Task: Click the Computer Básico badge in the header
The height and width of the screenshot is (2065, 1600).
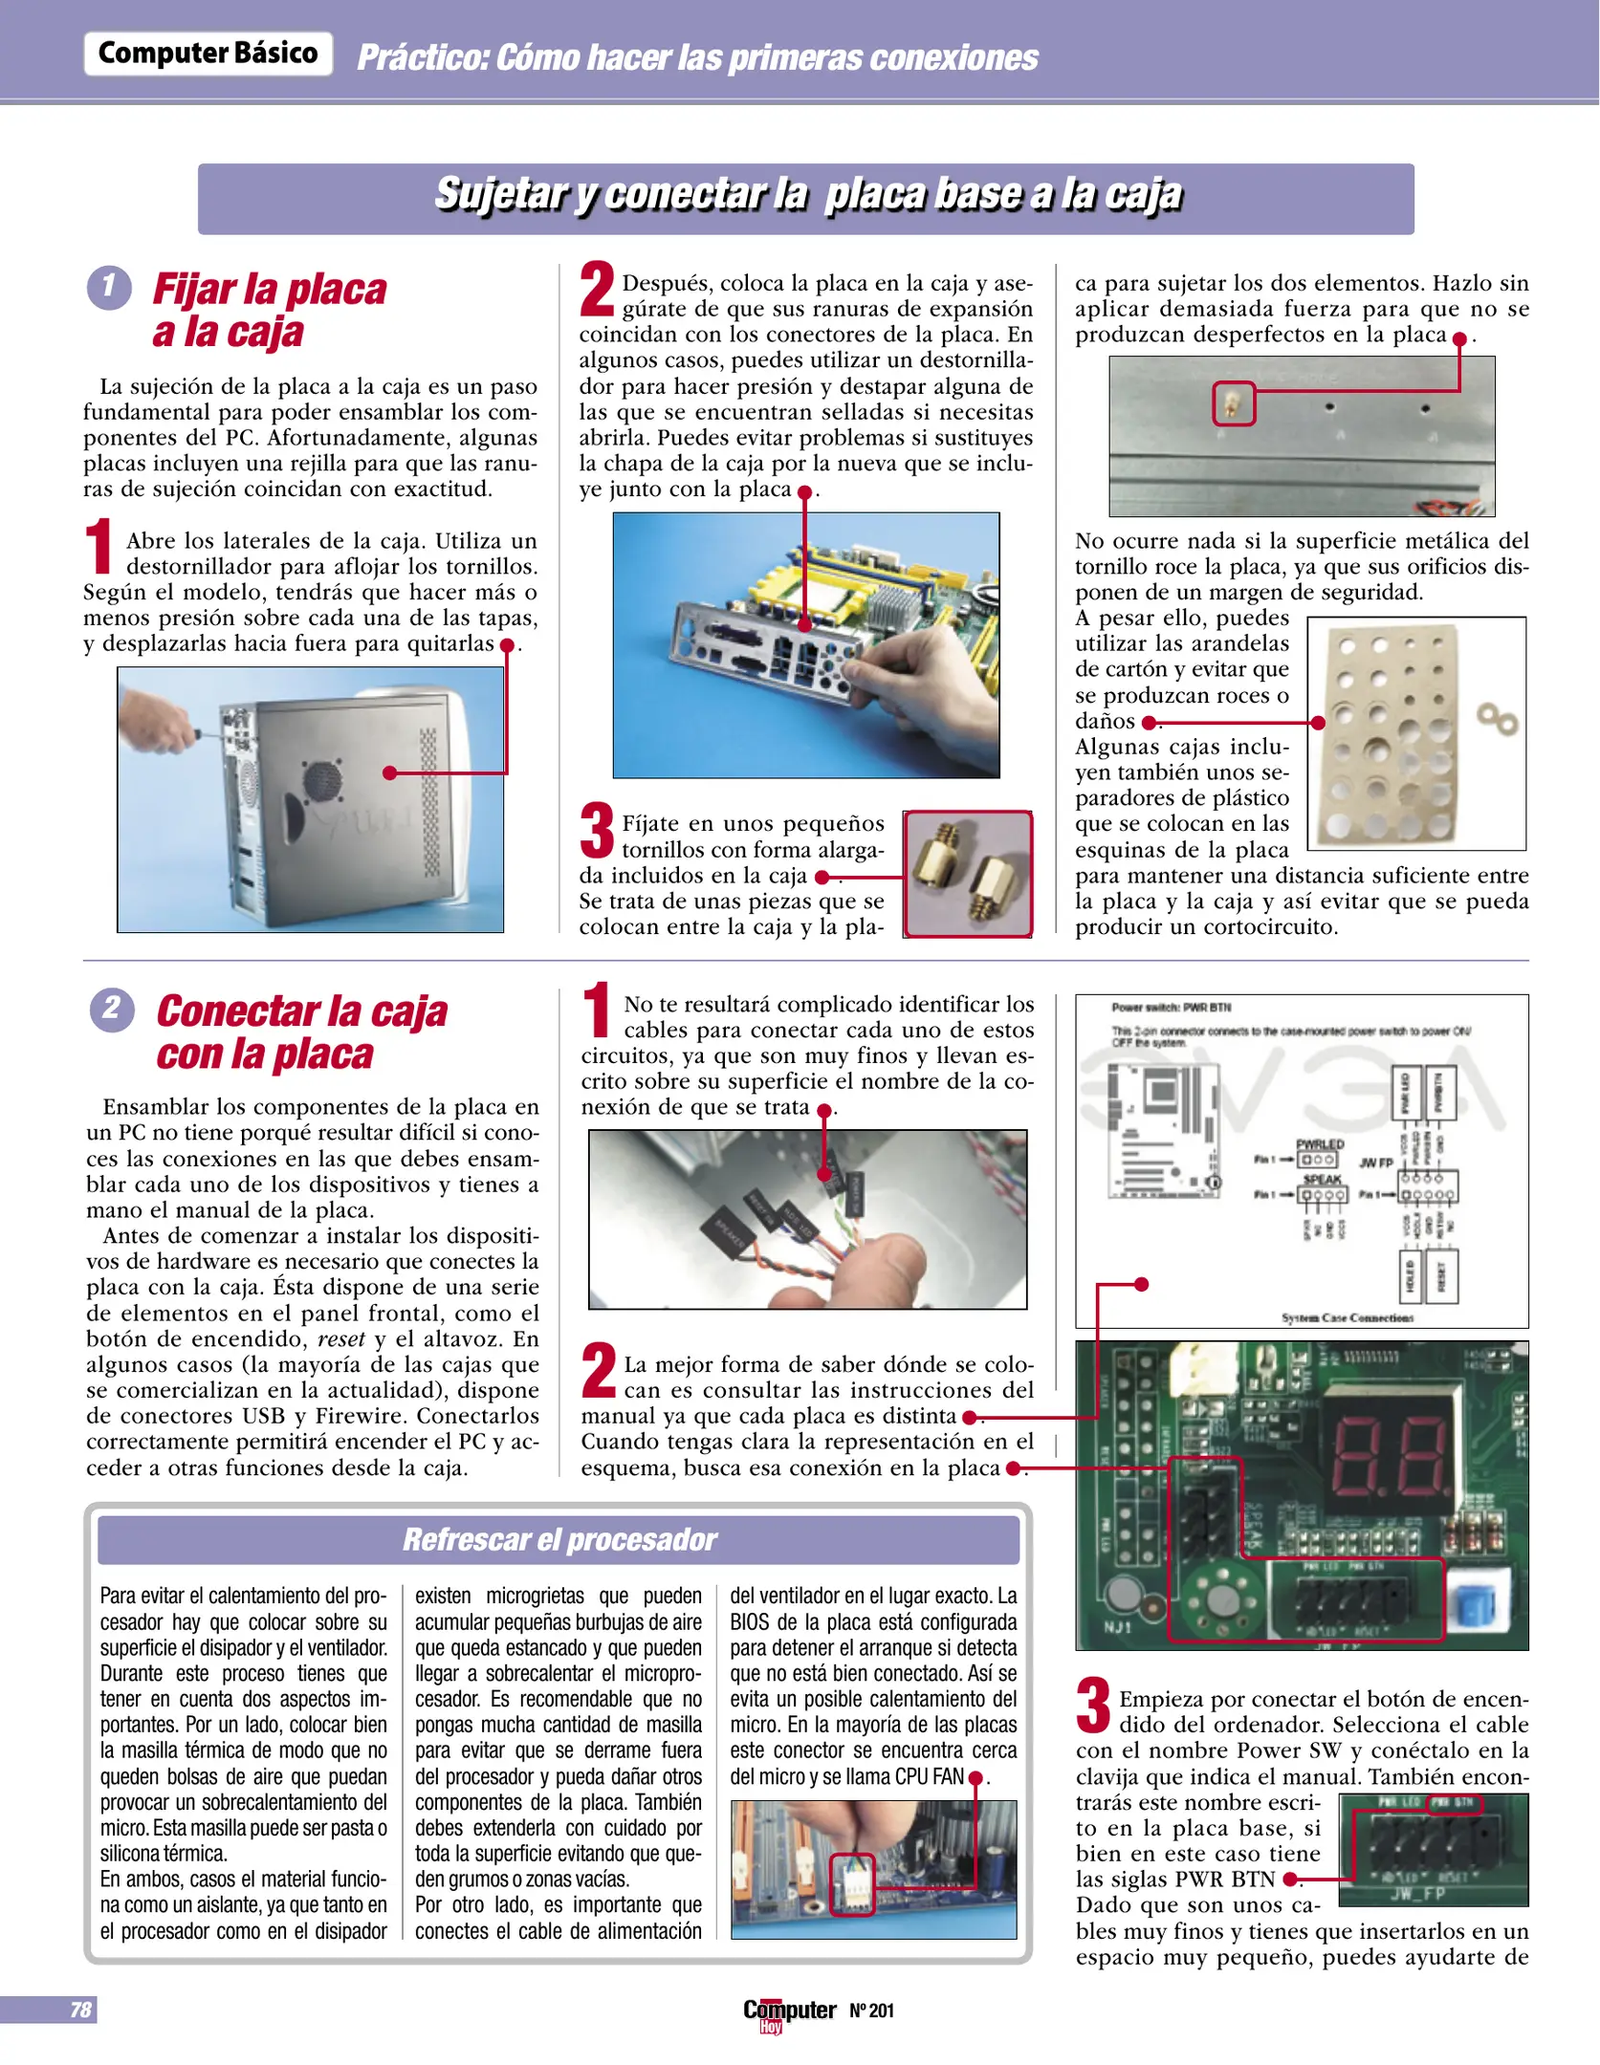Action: click(x=208, y=54)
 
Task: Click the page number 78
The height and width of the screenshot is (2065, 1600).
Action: click(x=80, y=2010)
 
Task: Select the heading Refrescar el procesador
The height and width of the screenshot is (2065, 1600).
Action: click(x=559, y=1539)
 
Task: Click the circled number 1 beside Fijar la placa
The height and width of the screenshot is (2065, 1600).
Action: click(x=109, y=287)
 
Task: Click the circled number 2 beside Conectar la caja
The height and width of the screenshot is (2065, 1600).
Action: click(x=112, y=1009)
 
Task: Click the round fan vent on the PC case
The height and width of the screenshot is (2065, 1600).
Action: click(x=323, y=781)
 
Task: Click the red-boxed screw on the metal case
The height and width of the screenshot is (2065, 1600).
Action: click(x=1234, y=403)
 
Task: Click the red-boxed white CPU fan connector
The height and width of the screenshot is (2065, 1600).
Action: click(x=852, y=1884)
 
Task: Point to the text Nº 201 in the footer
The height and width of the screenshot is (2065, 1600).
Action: click(x=871, y=2011)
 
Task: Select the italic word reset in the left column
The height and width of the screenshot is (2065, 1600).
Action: click(x=340, y=1339)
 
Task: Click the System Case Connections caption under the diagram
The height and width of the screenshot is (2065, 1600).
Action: click(x=1347, y=1317)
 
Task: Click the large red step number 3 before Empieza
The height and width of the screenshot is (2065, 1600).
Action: click(x=1092, y=1706)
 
